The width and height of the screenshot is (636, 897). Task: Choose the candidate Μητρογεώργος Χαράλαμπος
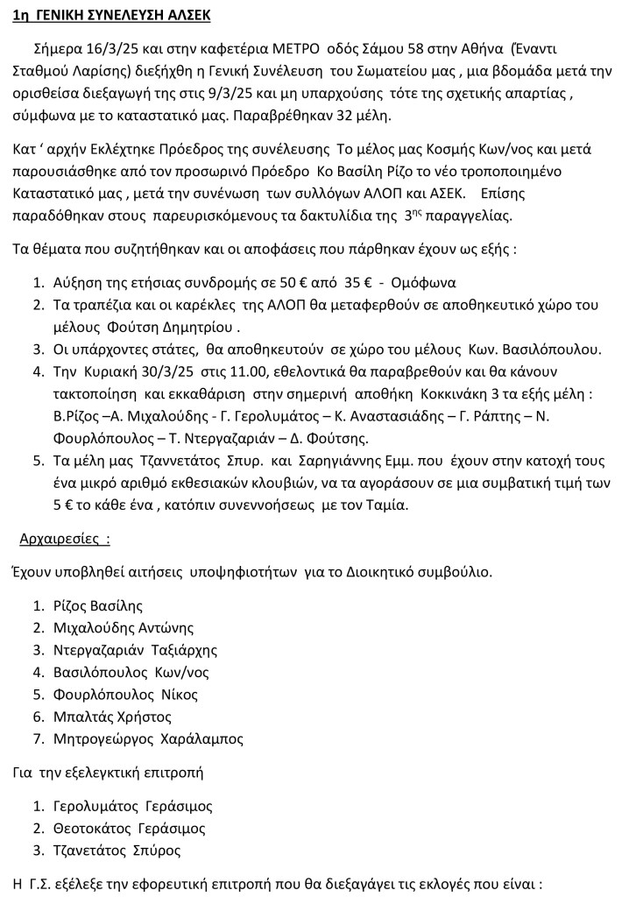[x=148, y=739]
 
